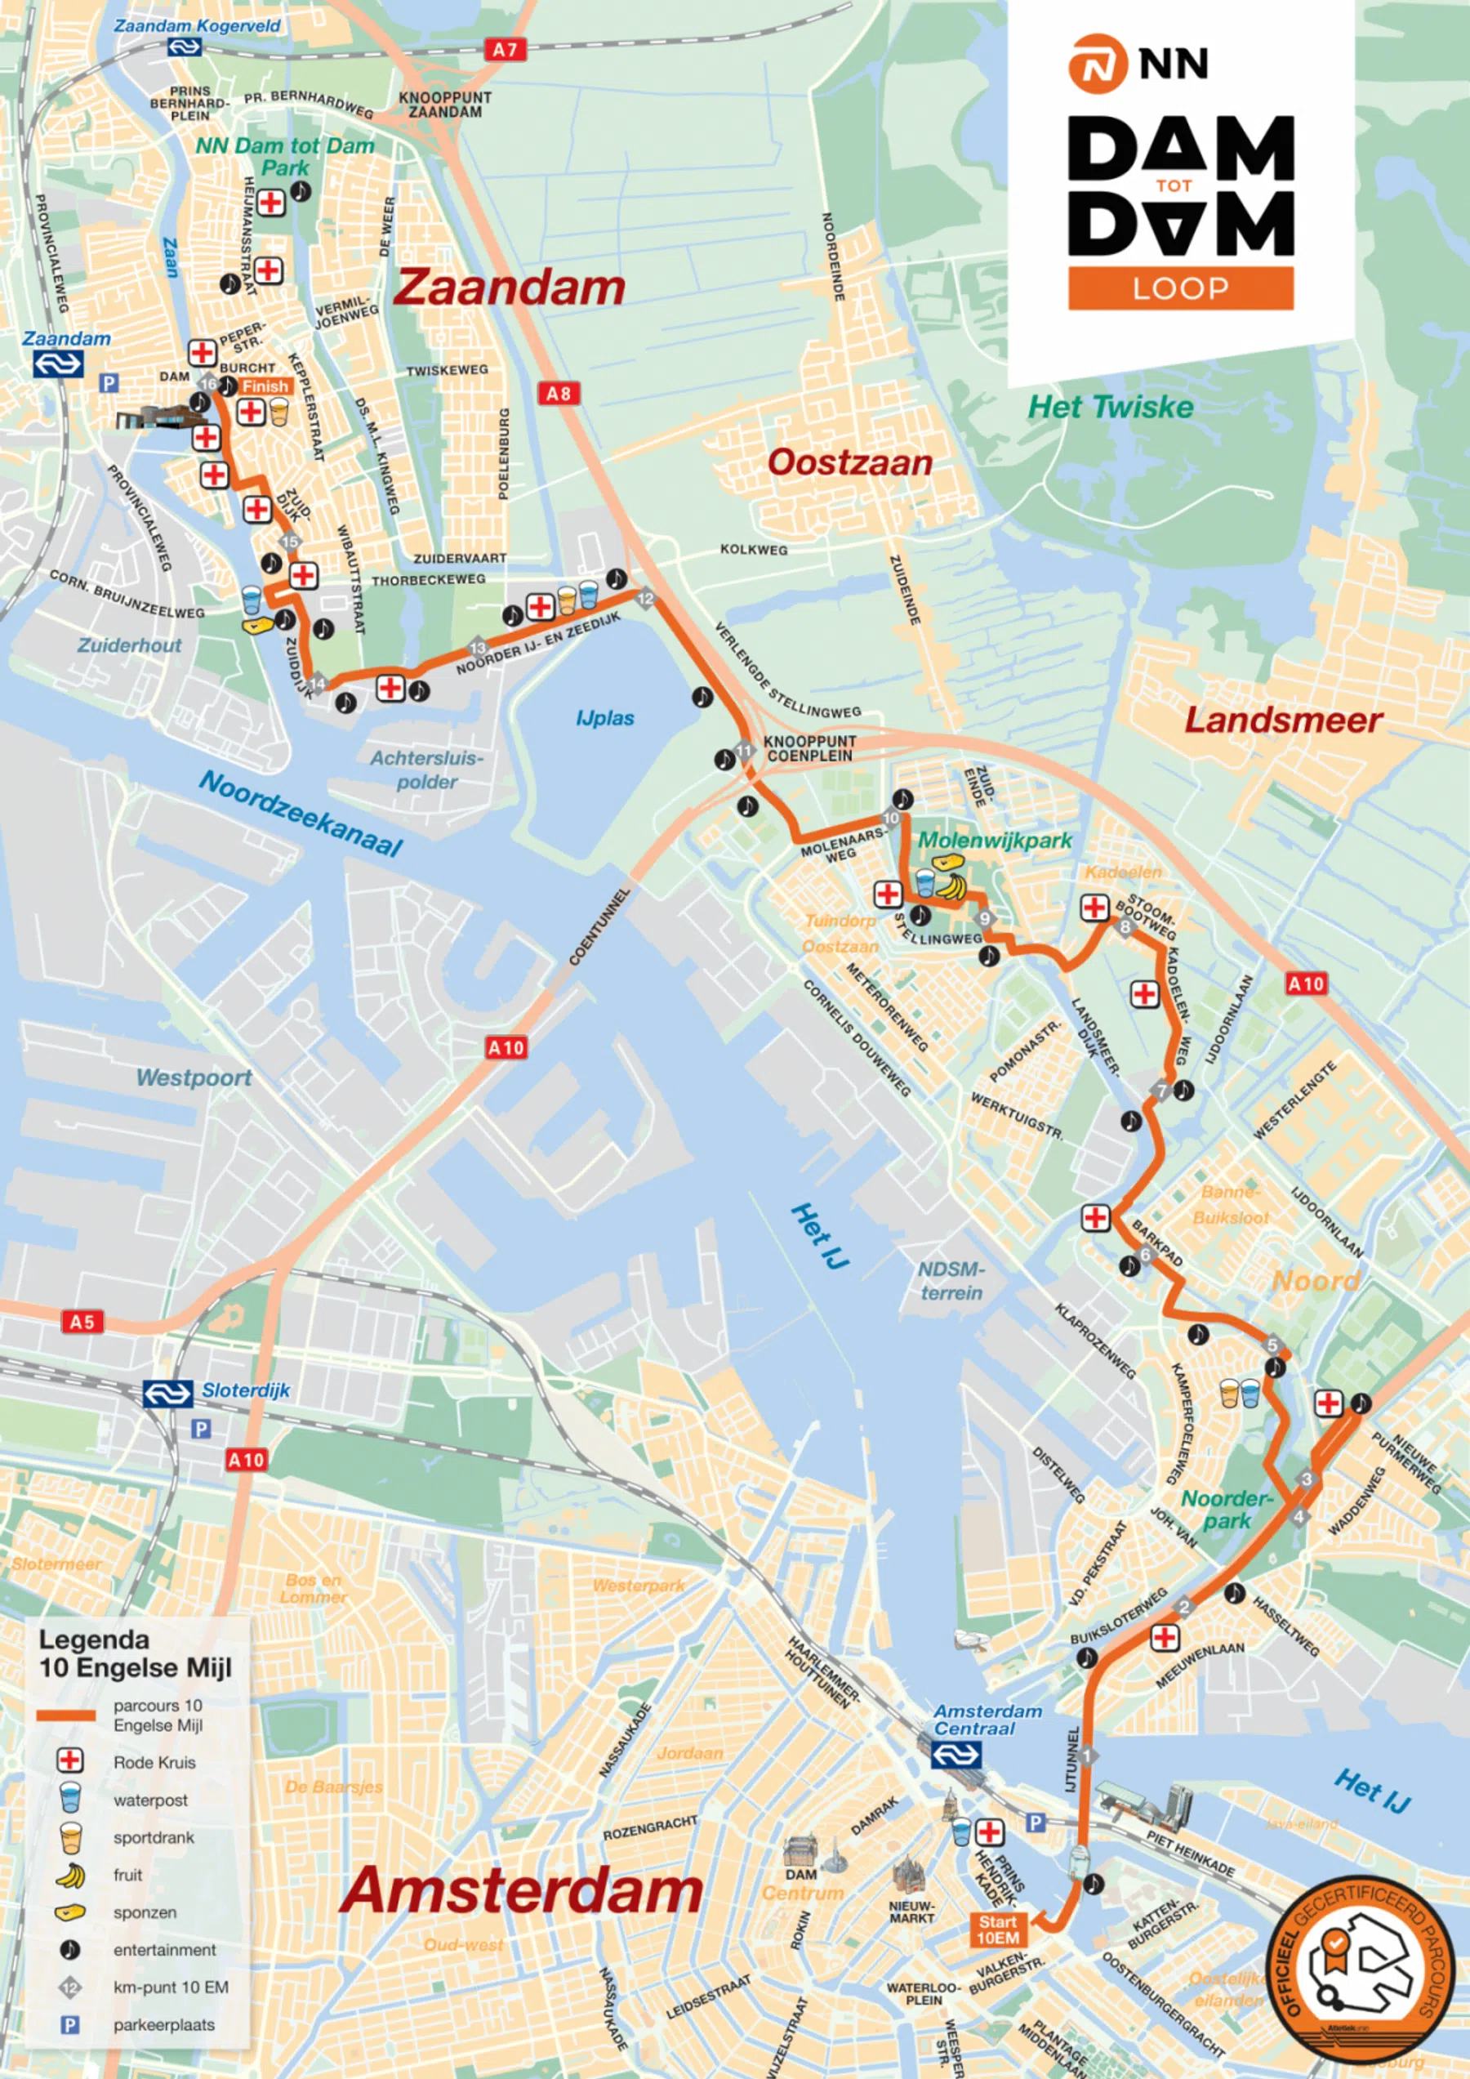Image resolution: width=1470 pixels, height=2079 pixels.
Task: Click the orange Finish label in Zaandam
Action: [265, 386]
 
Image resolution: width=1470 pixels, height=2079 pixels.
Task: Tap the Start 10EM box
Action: [997, 1930]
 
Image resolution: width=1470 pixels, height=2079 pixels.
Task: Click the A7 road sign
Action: [505, 50]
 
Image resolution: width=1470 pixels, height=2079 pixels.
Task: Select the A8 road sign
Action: [559, 393]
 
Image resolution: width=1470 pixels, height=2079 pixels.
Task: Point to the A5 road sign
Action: [82, 1321]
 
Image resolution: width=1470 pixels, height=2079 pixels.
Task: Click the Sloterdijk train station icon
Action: [167, 1394]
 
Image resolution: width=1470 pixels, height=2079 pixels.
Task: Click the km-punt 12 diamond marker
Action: [645, 599]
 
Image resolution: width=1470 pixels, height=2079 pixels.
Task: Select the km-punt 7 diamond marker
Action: [1162, 1091]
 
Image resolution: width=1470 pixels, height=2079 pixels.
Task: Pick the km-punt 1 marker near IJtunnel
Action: [1086, 1755]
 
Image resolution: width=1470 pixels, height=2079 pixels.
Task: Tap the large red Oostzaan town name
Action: [850, 462]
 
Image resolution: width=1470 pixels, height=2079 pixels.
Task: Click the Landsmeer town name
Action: [1284, 720]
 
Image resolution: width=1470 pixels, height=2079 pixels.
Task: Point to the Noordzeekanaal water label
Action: [301, 813]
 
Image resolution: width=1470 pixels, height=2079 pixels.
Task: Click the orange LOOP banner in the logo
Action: [1180, 289]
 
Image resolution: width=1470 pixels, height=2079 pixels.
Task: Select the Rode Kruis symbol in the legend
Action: [69, 1761]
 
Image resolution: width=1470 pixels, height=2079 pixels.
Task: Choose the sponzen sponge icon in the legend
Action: [69, 1912]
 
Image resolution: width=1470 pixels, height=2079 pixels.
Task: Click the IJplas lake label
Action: [604, 718]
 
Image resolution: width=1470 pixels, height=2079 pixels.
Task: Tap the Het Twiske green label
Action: [1111, 407]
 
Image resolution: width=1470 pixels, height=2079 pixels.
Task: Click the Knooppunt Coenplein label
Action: [809, 748]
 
